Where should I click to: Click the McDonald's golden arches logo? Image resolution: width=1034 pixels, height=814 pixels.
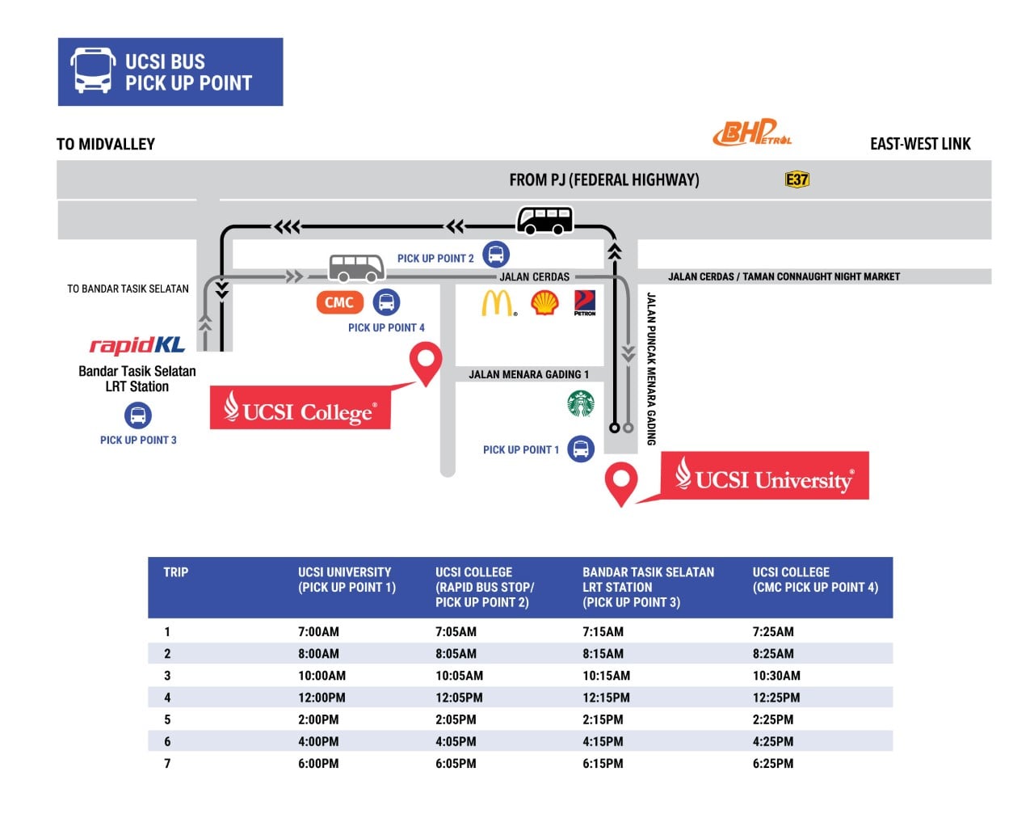pyautogui.click(x=498, y=303)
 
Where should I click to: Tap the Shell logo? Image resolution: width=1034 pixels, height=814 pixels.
pyautogui.click(x=544, y=303)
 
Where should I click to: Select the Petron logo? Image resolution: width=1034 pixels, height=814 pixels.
pyautogui.click(x=585, y=303)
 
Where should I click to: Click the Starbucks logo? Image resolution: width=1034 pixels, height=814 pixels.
pyautogui.click(x=581, y=403)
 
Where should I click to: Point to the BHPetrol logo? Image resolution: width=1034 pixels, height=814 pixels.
pyautogui.click(x=752, y=133)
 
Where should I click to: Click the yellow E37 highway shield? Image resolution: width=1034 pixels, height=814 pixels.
pyautogui.click(x=797, y=179)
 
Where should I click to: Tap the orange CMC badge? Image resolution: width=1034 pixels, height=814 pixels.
pyautogui.click(x=340, y=302)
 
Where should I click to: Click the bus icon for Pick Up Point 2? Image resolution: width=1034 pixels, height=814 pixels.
pyautogui.click(x=496, y=255)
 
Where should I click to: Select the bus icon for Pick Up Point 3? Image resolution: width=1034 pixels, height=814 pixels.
pyautogui.click(x=138, y=415)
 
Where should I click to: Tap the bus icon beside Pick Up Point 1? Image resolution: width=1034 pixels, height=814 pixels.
pyautogui.click(x=581, y=449)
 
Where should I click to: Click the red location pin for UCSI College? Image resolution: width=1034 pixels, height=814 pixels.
pyautogui.click(x=426, y=363)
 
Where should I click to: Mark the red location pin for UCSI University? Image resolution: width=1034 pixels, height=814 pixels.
pyautogui.click(x=620, y=483)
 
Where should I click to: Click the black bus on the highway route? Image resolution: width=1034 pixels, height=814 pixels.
pyautogui.click(x=544, y=221)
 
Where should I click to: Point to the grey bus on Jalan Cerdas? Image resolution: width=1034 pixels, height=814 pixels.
pyautogui.click(x=356, y=268)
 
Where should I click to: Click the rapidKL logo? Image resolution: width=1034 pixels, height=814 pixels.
pyautogui.click(x=137, y=345)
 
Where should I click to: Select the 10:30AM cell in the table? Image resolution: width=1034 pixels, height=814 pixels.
pyautogui.click(x=776, y=676)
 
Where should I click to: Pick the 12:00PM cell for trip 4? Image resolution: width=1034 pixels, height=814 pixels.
pyautogui.click(x=322, y=698)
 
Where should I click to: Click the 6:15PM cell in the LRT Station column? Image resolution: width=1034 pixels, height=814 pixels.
pyautogui.click(x=603, y=764)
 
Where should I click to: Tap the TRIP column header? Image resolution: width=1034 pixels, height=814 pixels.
pyautogui.click(x=176, y=572)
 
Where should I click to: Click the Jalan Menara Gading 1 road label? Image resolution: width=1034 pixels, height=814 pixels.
pyautogui.click(x=528, y=374)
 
